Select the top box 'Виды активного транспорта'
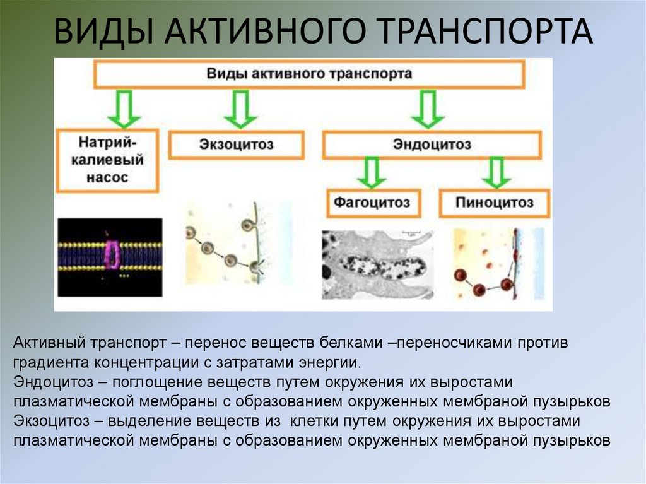point(309,74)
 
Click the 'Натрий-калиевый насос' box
point(107,160)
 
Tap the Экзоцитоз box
point(237,145)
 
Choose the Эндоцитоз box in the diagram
point(432,145)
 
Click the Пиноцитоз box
point(495,203)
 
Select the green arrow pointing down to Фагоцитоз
point(373,172)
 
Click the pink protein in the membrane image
point(113,256)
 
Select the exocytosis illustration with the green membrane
point(237,249)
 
